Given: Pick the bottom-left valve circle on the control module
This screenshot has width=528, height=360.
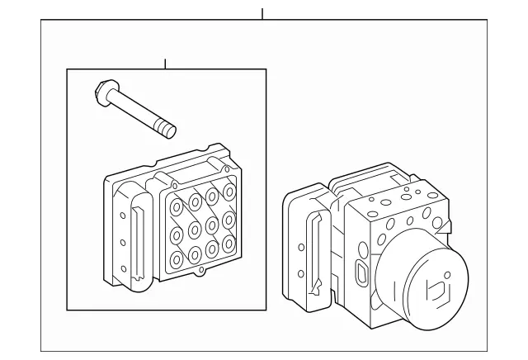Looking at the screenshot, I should pyautogui.click(x=176, y=258).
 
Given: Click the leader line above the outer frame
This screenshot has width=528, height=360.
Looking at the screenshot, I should pyautogui.click(x=262, y=14).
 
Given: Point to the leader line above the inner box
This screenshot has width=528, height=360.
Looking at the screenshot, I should pyautogui.click(x=165, y=64).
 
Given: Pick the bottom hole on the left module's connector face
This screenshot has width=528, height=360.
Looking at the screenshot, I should pyautogui.click(x=122, y=267).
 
